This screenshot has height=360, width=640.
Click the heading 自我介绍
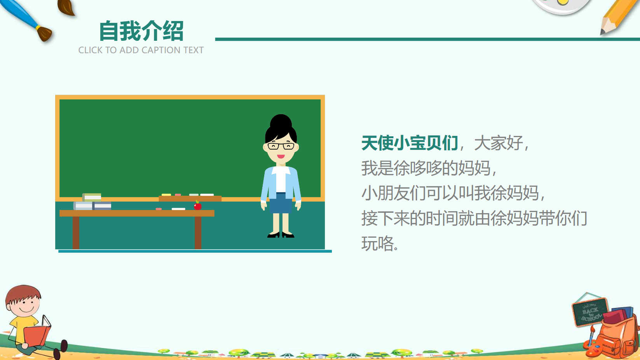141,31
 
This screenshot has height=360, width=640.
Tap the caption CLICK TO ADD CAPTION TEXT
141,50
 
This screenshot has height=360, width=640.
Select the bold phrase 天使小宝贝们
410,143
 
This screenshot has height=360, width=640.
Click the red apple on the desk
197,205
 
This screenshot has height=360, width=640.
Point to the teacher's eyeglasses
281,146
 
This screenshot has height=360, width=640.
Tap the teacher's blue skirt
281,203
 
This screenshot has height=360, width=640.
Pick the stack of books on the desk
92,202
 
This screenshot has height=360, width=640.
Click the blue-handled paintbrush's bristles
45,34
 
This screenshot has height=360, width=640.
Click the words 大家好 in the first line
499,143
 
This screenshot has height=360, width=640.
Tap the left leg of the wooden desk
76,233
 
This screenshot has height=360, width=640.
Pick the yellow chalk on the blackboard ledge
166,195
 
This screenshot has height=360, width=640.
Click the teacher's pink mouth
281,157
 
